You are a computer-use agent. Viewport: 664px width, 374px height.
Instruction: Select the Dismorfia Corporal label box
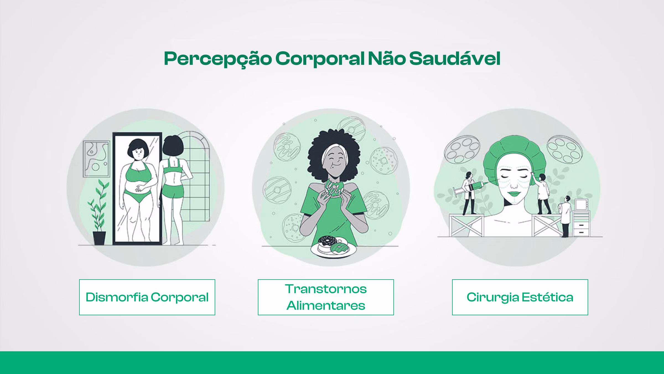click(147, 297)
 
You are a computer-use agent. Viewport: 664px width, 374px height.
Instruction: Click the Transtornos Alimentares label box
click(326, 297)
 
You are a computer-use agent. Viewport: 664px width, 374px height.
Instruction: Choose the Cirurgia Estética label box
click(520, 297)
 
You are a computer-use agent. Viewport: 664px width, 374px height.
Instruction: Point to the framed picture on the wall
click(96, 159)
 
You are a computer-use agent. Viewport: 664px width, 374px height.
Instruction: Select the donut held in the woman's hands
click(334, 188)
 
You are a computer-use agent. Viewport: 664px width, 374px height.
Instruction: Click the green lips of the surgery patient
click(514, 193)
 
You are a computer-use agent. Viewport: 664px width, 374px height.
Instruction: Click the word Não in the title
click(387, 59)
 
